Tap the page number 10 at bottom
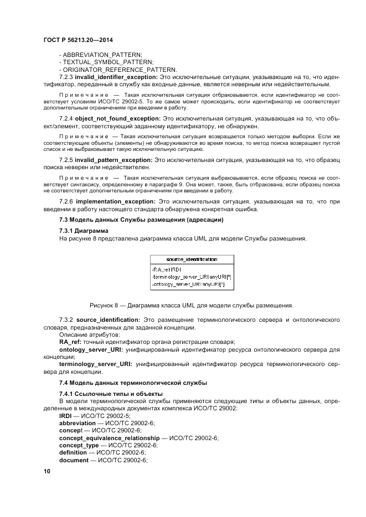pos(47,471)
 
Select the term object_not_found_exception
pos(117,119)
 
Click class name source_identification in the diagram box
pos(192,259)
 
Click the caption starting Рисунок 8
pos(192,305)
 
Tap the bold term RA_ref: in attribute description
pos(70,342)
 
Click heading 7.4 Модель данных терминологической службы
pos(133,383)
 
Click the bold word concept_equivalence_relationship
pos(105,437)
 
